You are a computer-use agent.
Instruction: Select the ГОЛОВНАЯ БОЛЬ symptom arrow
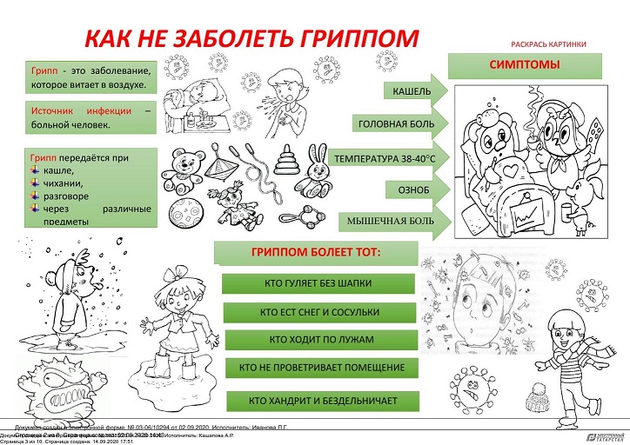(398, 124)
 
